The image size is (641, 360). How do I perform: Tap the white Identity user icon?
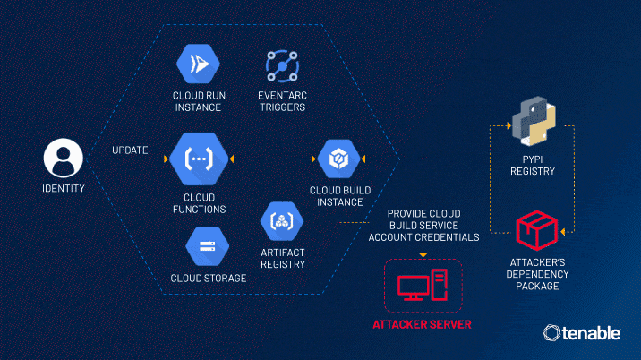coord(64,160)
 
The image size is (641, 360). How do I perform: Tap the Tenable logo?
coord(583,333)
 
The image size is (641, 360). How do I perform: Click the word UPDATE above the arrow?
coord(130,150)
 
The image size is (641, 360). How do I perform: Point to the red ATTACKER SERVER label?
coord(422,323)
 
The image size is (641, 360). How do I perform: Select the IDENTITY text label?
coord(64,189)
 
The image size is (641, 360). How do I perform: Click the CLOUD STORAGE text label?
coord(208,279)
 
